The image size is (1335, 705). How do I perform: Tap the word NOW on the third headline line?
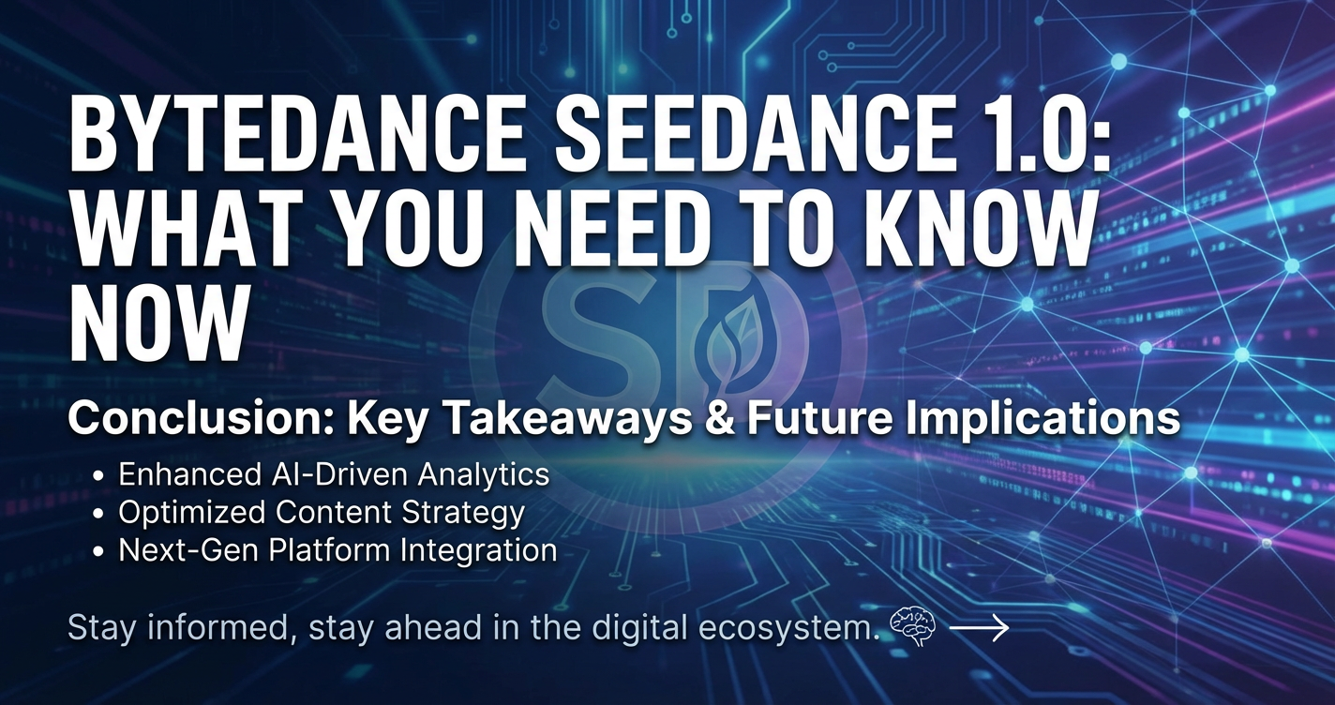tap(157, 324)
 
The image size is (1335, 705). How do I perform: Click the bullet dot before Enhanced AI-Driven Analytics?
tap(99, 476)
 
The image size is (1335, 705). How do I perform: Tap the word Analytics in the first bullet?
tap(482, 475)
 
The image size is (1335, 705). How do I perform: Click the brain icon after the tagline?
tap(912, 627)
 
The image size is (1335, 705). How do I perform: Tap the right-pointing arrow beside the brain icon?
tap(979, 628)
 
